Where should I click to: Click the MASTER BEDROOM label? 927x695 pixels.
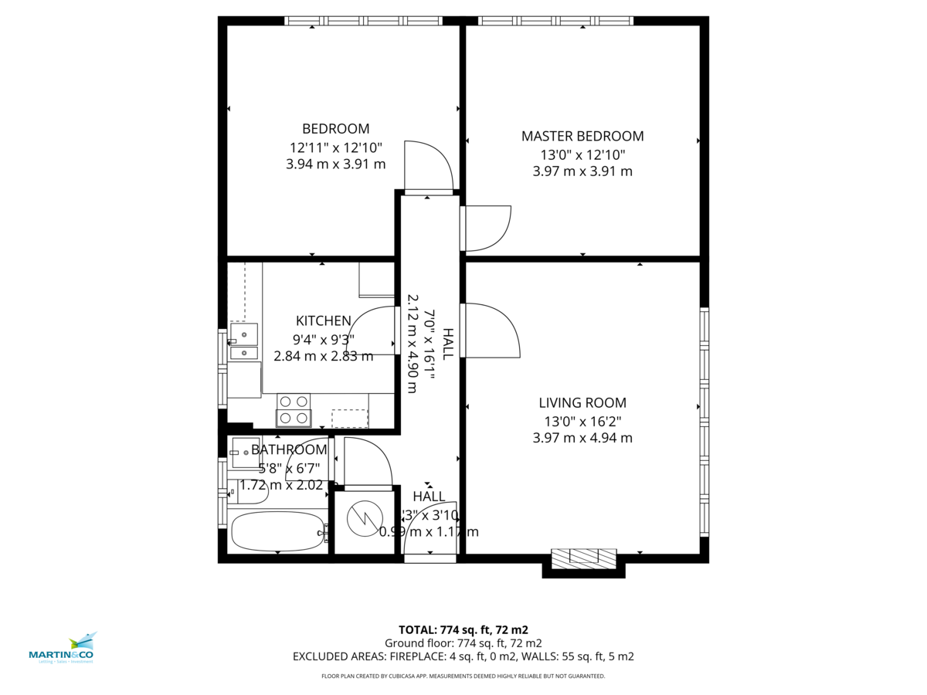[582, 137]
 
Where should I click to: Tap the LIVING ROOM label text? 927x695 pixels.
[582, 402]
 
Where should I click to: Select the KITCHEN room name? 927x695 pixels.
[324, 321]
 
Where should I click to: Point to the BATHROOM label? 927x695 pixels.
[289, 449]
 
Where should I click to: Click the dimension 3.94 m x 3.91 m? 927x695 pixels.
[335, 164]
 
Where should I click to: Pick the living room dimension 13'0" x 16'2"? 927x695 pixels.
[582, 421]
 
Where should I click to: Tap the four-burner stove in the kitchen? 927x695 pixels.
[294, 410]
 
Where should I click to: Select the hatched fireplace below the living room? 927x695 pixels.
[583, 558]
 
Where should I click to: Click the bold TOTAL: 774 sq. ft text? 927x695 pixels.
[463, 629]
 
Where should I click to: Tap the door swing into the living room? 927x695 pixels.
[491, 331]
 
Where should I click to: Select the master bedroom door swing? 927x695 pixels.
[487, 229]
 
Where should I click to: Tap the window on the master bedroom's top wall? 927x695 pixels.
[555, 21]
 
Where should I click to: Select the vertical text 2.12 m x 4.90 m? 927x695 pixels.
[413, 344]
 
